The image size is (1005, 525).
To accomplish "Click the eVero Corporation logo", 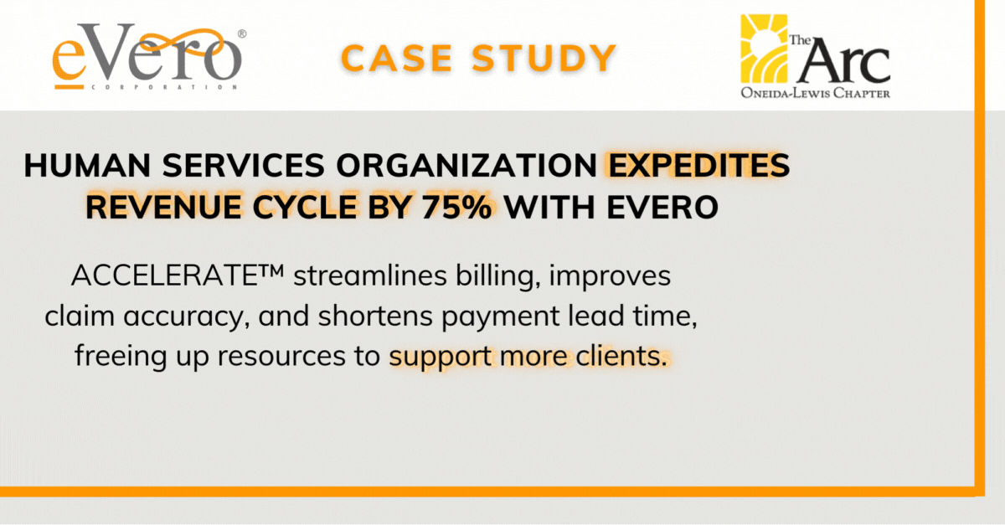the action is pos(149,57).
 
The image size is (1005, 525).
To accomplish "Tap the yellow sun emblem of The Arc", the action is pos(764,49).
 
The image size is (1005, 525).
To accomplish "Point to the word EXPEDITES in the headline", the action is pos(698,165).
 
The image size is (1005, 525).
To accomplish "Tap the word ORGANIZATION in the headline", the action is pos(466,165).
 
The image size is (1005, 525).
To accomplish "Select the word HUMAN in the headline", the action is pos(87,165).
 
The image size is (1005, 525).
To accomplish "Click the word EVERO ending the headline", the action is pos(662,208).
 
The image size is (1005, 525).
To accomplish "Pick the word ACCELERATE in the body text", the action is pos(164,275).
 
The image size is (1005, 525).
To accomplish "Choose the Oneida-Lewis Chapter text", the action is pos(815,93).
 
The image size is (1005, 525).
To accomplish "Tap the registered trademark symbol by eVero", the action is pos(242,34).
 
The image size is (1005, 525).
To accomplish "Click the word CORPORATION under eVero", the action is pos(164,87).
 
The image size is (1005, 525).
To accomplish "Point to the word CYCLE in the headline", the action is pos(304,208).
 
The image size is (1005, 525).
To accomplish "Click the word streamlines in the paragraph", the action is pos(370,275).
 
